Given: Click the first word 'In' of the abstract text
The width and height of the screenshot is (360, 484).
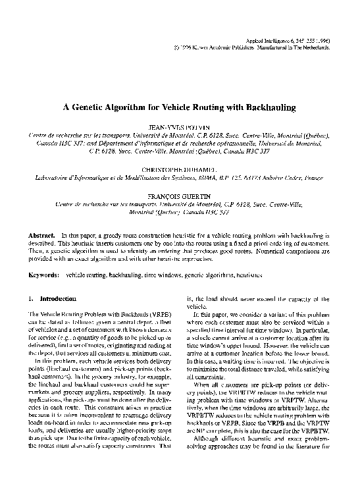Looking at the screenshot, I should tap(82, 235).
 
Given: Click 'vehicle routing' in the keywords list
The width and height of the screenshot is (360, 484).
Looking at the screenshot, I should tap(87, 273).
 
